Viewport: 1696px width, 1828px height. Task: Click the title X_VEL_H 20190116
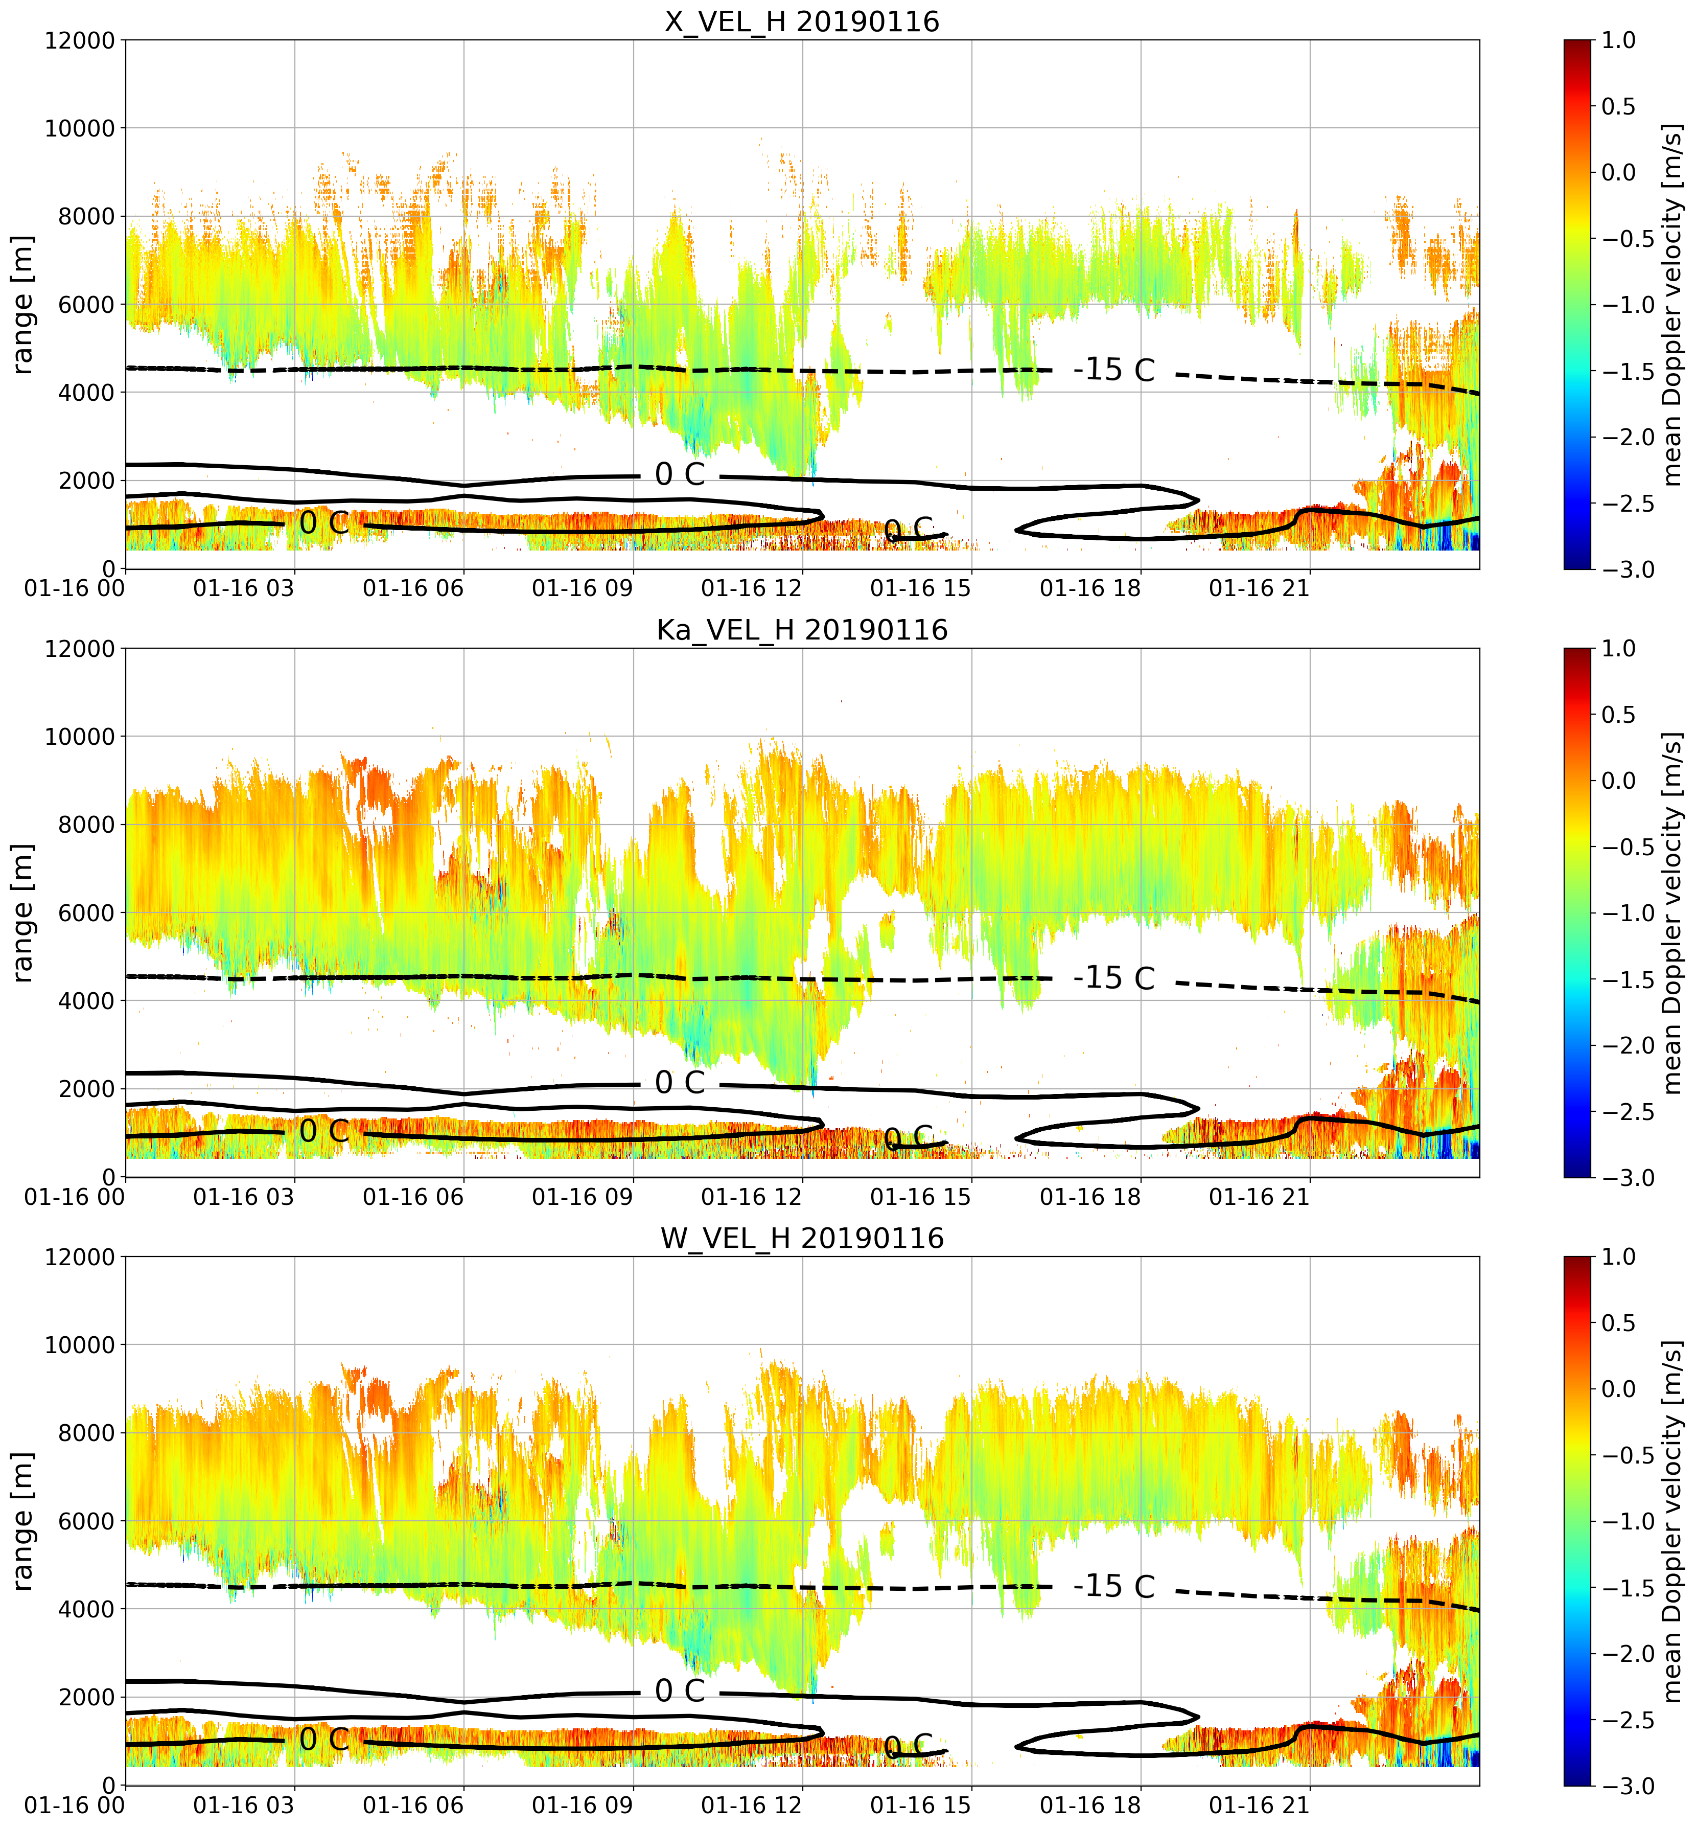[x=802, y=21]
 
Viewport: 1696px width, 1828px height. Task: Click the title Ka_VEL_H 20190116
[x=802, y=630]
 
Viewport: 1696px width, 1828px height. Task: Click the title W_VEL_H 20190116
[x=802, y=1239]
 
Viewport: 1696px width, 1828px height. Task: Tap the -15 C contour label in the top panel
[x=1113, y=370]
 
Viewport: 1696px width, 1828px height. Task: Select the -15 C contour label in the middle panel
[x=1113, y=979]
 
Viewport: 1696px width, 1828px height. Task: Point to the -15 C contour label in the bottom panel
[x=1113, y=1587]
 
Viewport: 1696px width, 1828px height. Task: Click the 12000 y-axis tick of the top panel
[x=80, y=40]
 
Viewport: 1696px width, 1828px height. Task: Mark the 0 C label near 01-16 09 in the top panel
[x=680, y=475]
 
